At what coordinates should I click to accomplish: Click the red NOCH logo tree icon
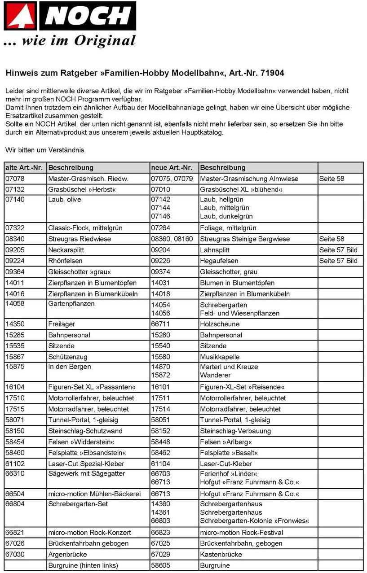[x=21, y=16]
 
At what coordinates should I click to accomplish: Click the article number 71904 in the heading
[x=271, y=73]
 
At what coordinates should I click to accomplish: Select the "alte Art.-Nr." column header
[x=24, y=168]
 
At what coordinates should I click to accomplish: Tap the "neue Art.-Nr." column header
[x=172, y=168]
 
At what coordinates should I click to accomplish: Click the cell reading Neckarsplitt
[x=66, y=250]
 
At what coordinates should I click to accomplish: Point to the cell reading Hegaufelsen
[x=219, y=261]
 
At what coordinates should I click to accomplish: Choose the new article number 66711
[x=161, y=324]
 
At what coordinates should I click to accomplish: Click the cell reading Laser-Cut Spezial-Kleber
[x=86, y=464]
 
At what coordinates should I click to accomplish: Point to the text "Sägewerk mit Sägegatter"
[x=87, y=474]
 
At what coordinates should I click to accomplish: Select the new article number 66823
[x=161, y=533]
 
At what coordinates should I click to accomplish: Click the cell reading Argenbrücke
[x=68, y=554]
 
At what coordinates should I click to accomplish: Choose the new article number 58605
[x=161, y=565]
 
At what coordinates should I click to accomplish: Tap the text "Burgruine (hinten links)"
[x=83, y=565]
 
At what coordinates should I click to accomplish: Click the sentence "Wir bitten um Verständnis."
[x=45, y=150]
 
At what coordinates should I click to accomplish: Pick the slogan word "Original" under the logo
[x=105, y=41]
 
